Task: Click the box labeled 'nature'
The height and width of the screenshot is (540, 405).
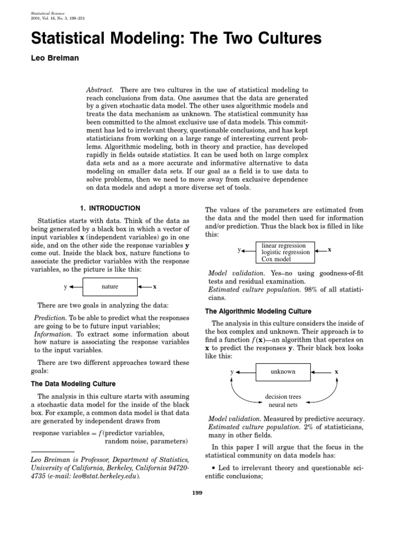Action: pos(110,287)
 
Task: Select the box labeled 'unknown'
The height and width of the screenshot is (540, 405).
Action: pos(283,372)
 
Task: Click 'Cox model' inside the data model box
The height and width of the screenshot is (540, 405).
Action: pos(276,259)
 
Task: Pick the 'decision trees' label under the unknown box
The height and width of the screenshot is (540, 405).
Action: pos(283,396)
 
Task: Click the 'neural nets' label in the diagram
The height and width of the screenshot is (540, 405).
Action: pos(283,405)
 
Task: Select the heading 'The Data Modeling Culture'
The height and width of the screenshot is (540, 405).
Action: pos(74,383)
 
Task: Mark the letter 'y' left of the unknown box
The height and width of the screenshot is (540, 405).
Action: pos(232,372)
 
